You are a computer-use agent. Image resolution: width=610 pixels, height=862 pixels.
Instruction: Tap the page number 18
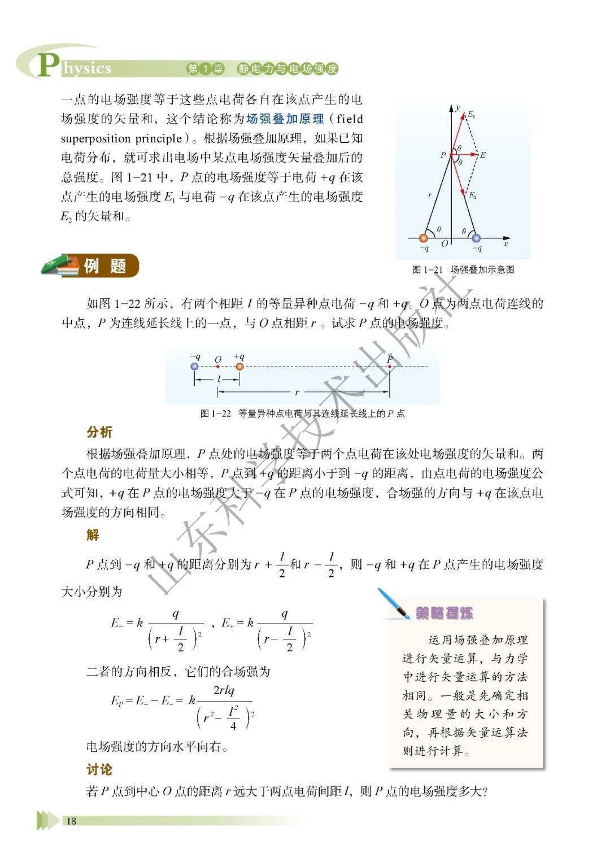[71, 821]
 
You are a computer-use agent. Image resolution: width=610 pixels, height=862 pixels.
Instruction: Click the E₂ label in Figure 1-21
[473, 195]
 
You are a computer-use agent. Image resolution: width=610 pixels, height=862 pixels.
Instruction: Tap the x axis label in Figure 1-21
[506, 244]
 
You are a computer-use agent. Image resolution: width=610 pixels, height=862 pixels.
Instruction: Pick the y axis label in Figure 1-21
[458, 107]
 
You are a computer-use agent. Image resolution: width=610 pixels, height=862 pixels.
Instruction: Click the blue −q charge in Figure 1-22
[195, 366]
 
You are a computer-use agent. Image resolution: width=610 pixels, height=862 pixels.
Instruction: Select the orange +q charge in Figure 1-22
[239, 366]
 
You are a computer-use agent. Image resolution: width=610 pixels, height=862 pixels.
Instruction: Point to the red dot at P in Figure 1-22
[389, 367]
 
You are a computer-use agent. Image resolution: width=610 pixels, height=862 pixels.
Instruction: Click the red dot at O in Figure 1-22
[218, 367]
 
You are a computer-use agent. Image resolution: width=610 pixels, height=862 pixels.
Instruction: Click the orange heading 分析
[99, 432]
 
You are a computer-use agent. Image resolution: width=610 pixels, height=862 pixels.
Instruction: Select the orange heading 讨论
[99, 769]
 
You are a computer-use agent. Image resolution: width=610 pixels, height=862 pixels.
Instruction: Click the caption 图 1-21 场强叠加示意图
[463, 270]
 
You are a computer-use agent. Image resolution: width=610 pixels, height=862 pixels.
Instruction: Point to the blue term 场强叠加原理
[285, 119]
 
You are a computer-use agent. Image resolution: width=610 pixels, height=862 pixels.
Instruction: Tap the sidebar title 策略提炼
[444, 613]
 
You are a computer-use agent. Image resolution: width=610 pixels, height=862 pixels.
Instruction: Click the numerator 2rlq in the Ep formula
[224, 690]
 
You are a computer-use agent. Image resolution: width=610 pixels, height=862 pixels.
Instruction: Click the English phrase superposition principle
[121, 138]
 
